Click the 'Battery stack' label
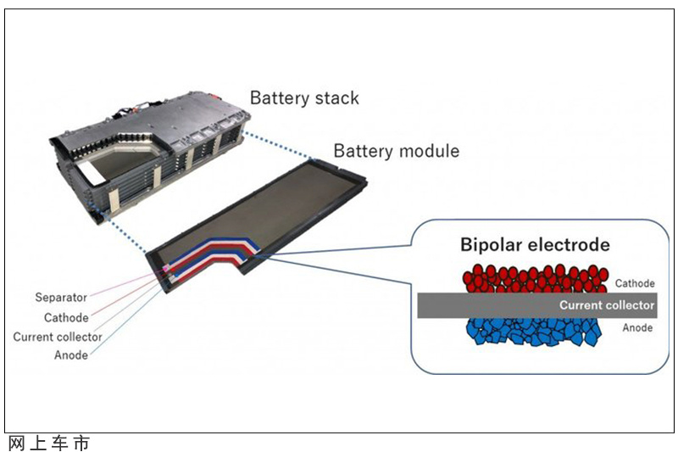304,98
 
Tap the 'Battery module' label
397,151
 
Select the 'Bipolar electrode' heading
535,245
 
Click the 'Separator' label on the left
61,298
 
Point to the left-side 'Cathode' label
66,317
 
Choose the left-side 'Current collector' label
58,337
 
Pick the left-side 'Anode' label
71,355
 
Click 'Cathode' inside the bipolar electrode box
635,283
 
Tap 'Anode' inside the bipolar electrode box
637,328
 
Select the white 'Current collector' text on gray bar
607,305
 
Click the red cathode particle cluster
536,279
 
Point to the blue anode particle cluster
534,332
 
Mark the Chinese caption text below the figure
49,444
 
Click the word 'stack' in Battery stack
336,98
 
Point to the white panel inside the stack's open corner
92,172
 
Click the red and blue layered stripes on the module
212,257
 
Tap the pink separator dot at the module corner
165,268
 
